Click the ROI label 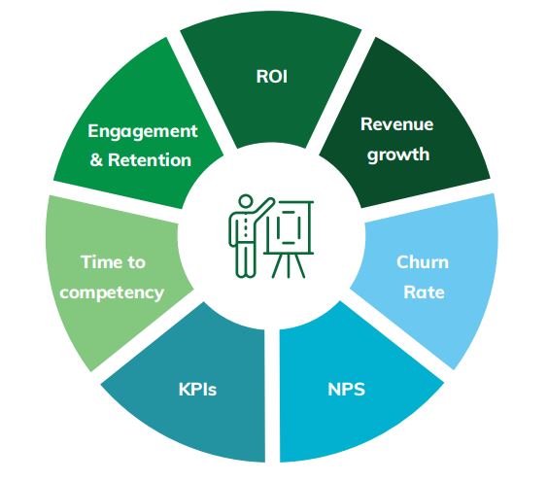tap(271, 76)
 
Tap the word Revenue tap(397, 124)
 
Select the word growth tap(398, 155)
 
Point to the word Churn tap(423, 262)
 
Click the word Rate tap(424, 292)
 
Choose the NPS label tap(346, 389)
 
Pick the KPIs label tap(197, 389)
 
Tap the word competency tap(112, 292)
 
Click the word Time tap(98, 261)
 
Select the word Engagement tap(143, 132)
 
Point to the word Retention tap(150, 160)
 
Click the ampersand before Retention tap(96, 160)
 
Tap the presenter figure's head tap(246, 201)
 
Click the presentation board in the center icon tap(289, 226)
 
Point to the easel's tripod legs tap(289, 265)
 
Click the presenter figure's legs tap(246, 260)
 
